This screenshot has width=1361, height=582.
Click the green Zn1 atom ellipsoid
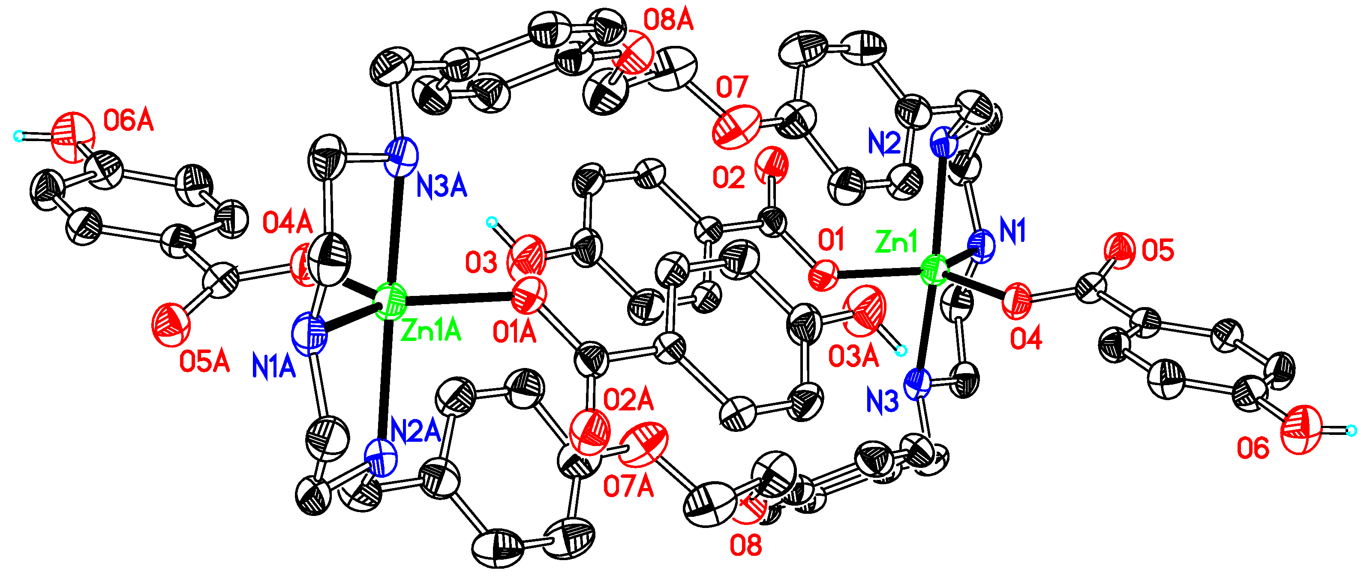[x=934, y=270]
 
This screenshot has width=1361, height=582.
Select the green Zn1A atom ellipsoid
[x=390, y=302]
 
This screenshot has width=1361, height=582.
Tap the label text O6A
[x=129, y=121]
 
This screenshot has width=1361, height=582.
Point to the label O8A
[x=668, y=21]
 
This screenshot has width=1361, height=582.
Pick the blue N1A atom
[x=310, y=334]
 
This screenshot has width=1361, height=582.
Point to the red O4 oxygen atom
[x=1016, y=301]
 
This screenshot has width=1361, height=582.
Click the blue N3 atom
[x=918, y=384]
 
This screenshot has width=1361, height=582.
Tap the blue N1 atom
[x=982, y=246]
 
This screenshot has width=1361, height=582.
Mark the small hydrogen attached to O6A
[x=18, y=136]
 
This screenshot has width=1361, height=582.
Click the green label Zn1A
[x=431, y=332]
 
